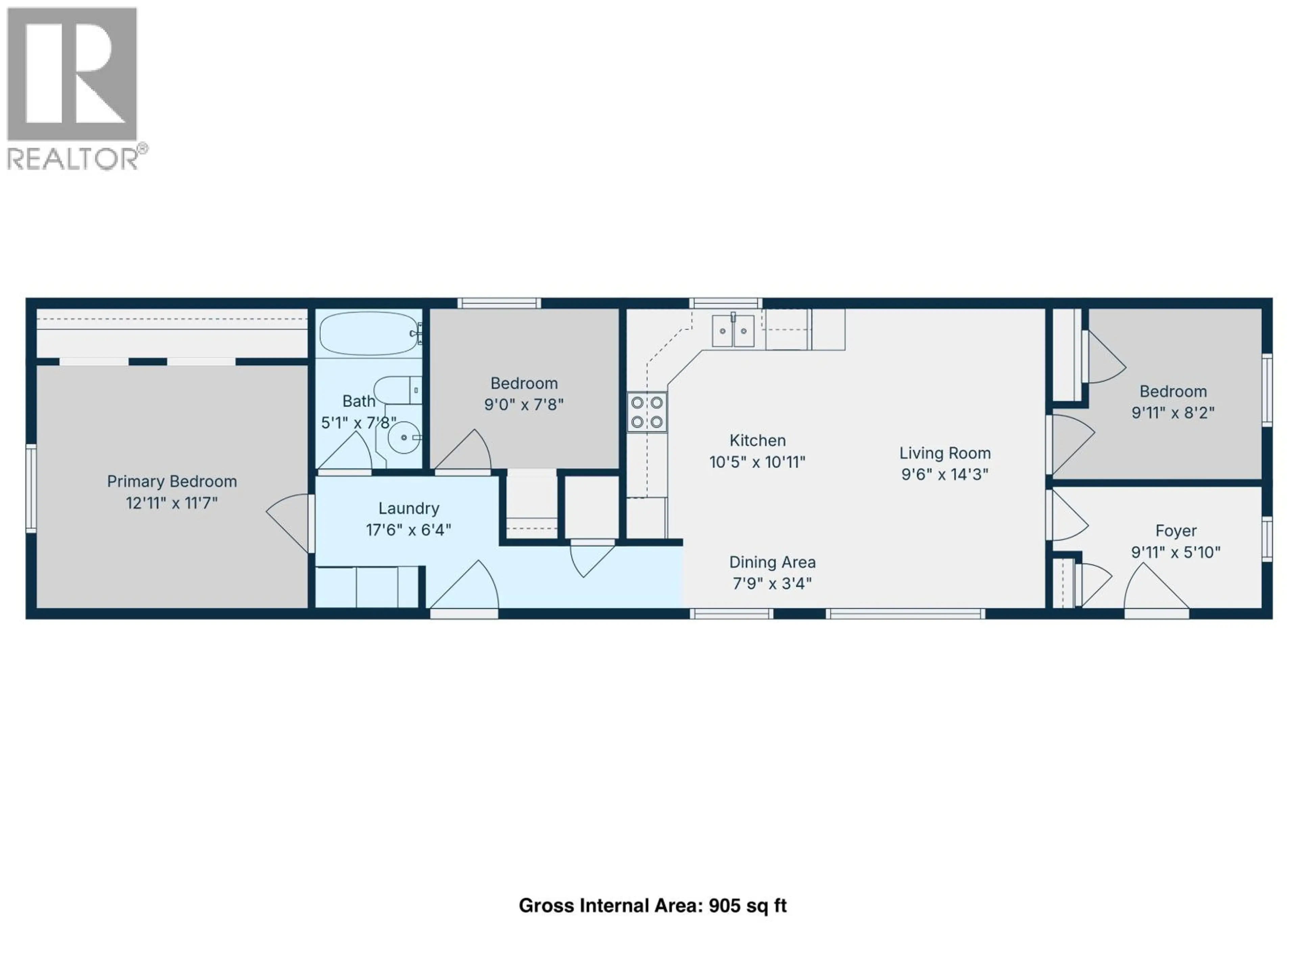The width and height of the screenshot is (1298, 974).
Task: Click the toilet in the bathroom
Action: click(x=396, y=390)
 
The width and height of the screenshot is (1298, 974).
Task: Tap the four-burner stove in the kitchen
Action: click(x=647, y=412)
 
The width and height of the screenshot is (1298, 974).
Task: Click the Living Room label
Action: click(x=945, y=453)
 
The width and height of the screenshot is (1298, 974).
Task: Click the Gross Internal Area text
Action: click(x=652, y=905)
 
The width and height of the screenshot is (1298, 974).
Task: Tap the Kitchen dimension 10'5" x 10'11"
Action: click(x=757, y=462)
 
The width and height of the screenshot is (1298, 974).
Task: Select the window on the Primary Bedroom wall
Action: click(x=30, y=488)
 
